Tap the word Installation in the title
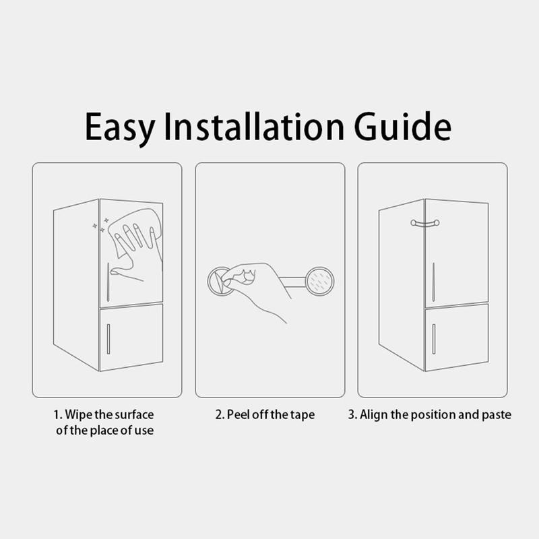254,126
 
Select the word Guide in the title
402,126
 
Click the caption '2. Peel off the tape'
265,414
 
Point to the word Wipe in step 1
79,414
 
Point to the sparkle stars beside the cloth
100,225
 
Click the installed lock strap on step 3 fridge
425,224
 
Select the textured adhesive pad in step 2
319,282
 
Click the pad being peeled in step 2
218,281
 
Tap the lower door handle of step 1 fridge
108,339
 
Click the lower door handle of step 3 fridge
434,339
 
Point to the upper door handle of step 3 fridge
433,282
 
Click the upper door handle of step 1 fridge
108,282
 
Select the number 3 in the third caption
351,414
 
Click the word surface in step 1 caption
134,414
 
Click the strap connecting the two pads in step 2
292,282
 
